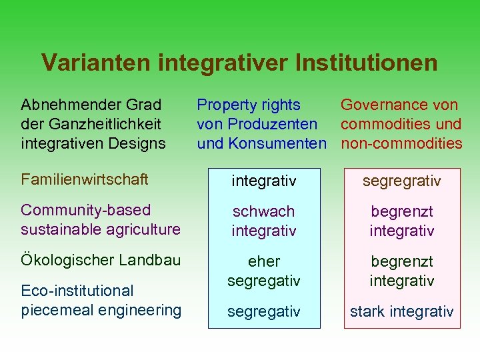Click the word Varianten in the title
[x=97, y=63]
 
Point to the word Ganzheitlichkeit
[x=111, y=124]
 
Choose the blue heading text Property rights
[x=249, y=105]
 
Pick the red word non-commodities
[x=401, y=143]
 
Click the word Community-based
[x=86, y=210]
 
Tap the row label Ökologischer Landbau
[x=101, y=260]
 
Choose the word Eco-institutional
[x=77, y=291]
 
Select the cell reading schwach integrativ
[x=263, y=221]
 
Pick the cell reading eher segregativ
[x=263, y=271]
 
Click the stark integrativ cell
[x=401, y=311]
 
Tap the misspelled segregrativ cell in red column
[x=401, y=181]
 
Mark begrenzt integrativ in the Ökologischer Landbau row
[x=401, y=271]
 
